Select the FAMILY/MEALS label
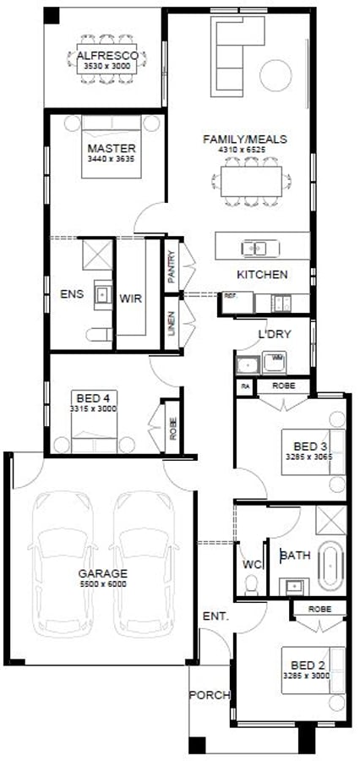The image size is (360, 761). (244, 139)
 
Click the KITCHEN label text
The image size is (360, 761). (262, 275)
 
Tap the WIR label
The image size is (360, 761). (130, 298)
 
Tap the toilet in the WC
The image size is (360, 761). (250, 584)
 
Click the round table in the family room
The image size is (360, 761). (275, 77)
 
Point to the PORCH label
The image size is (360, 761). (209, 695)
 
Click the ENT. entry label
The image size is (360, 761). (215, 617)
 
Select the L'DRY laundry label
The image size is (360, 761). (275, 334)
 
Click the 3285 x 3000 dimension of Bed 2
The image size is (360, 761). (306, 676)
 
